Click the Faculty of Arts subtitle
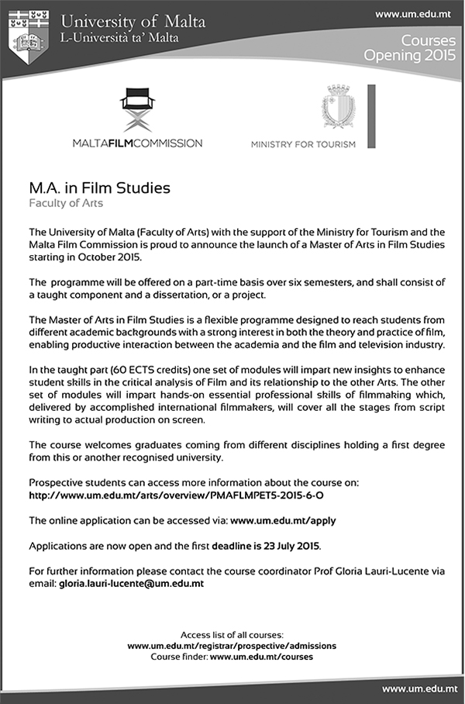tap(66, 204)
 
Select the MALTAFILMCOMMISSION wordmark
tap(137, 143)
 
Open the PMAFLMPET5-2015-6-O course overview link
tap(187, 494)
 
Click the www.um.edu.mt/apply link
tap(283, 519)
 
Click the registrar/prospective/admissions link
tap(232, 645)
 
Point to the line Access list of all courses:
tap(232, 634)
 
